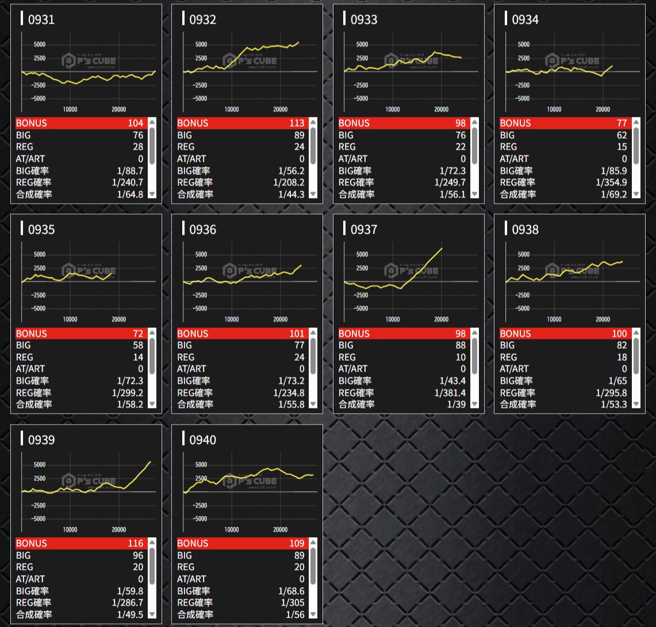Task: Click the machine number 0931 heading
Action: (x=41, y=20)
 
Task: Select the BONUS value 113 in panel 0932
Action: (x=297, y=123)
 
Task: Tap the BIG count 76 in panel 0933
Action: (x=461, y=135)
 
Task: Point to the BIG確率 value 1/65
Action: (x=617, y=381)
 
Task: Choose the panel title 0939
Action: (x=41, y=440)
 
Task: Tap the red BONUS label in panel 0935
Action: (x=32, y=334)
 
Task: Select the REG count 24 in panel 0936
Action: (x=299, y=357)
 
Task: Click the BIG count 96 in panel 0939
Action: (x=138, y=556)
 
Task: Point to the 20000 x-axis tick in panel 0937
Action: (x=441, y=319)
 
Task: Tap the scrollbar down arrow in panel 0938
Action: (x=635, y=404)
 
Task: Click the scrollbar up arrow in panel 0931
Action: (x=152, y=122)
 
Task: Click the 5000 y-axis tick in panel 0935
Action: (x=40, y=254)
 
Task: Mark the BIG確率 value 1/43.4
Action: (x=452, y=381)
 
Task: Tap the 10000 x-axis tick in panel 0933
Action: (x=393, y=109)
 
